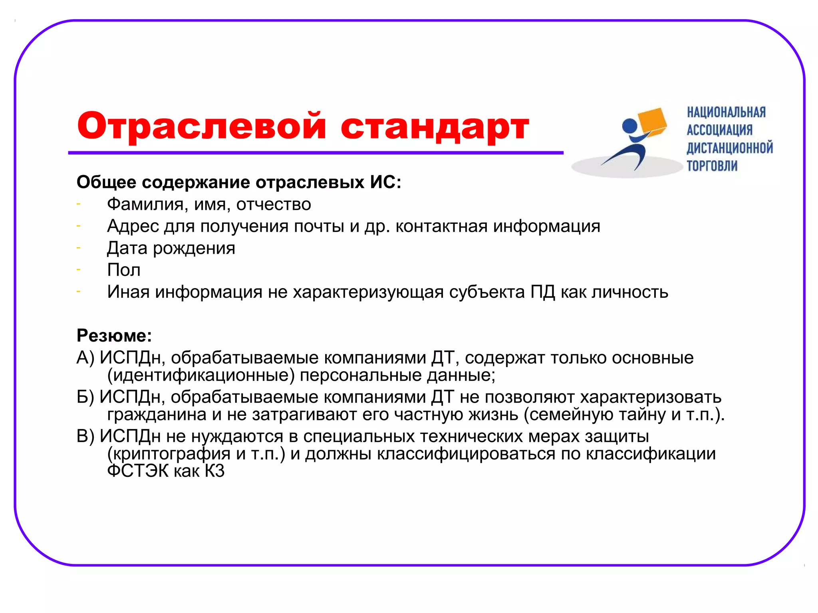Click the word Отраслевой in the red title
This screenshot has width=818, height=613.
pyautogui.click(x=202, y=126)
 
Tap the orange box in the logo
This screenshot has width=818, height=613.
pyautogui.click(x=653, y=122)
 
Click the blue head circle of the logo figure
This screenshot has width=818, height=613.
pyautogui.click(x=630, y=127)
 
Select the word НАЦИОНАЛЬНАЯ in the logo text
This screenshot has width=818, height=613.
pyautogui.click(x=726, y=113)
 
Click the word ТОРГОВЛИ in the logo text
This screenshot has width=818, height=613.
pyautogui.click(x=712, y=166)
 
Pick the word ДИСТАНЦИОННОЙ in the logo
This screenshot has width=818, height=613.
pyautogui.click(x=730, y=148)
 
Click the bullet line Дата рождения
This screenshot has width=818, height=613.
pyautogui.click(x=171, y=248)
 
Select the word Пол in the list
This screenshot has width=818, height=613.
pyautogui.click(x=124, y=270)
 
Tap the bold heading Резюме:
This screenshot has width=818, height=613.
pyautogui.click(x=114, y=336)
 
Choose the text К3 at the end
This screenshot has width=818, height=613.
pyautogui.click(x=214, y=471)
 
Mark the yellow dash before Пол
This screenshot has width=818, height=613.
pyautogui.click(x=79, y=270)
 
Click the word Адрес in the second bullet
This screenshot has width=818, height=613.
pyautogui.click(x=133, y=226)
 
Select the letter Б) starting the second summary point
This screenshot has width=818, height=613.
pyautogui.click(x=85, y=397)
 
